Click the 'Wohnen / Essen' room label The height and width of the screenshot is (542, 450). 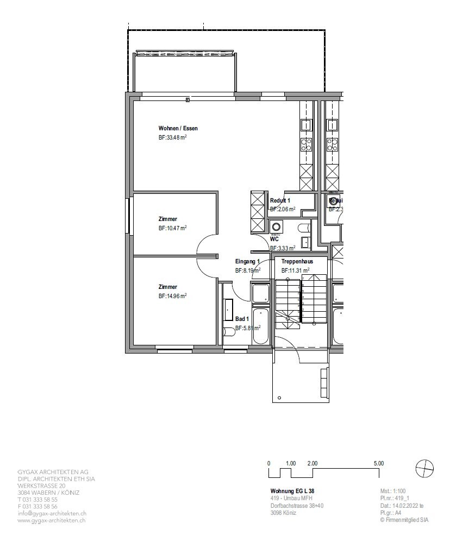tap(178, 129)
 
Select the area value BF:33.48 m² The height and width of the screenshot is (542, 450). tap(173, 138)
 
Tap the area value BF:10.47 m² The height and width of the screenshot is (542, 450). tap(173, 228)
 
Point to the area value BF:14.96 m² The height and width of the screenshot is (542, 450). tap(173, 296)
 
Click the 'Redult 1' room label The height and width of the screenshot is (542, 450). tap(280, 200)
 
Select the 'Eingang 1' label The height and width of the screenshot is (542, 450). tap(247, 261)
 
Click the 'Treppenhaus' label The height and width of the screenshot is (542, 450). tap(297, 261)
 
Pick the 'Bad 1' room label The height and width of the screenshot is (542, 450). tap(242, 319)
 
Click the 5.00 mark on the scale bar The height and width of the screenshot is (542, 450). tap(379, 463)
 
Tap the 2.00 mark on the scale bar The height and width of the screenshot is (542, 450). tap(312, 463)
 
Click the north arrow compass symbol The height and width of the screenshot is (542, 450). tap(424, 468)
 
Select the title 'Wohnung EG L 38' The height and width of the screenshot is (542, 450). tap(292, 491)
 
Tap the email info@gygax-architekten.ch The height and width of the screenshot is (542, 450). tap(52, 513)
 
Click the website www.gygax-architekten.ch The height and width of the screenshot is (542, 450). tap(52, 520)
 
